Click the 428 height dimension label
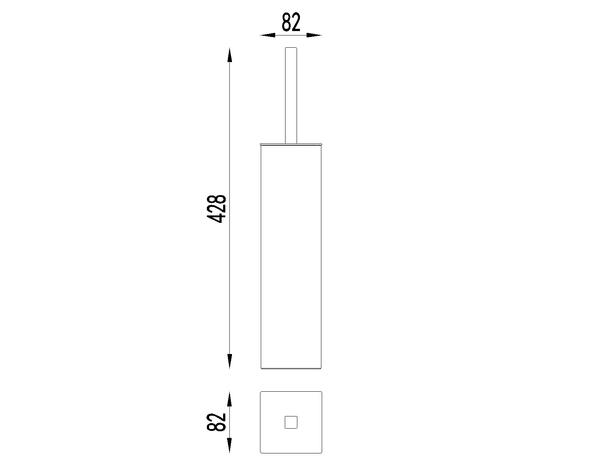[216, 209]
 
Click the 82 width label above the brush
[291, 22]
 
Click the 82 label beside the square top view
[216, 422]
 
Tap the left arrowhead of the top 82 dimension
[267, 35]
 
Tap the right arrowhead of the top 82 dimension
[314, 35]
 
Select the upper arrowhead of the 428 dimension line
[230, 55]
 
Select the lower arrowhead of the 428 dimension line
[230, 361]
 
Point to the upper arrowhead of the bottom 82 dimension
[230, 399]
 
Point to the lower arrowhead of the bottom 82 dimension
[230, 446]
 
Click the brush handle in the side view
[291, 95]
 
